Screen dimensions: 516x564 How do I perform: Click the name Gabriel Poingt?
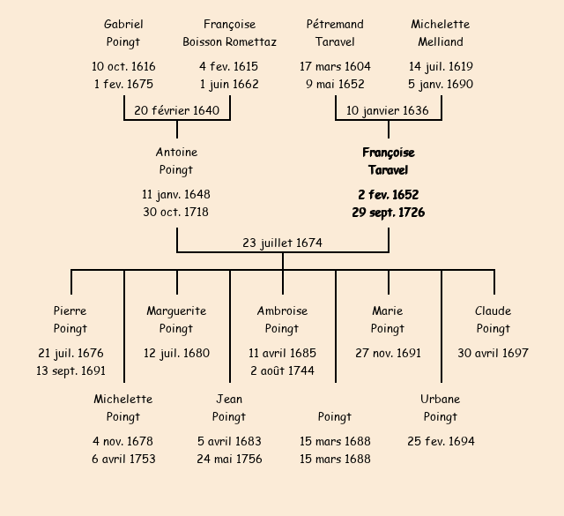coord(123,33)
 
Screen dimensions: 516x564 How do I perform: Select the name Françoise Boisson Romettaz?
coord(229,33)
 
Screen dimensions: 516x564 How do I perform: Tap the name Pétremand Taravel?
coord(335,33)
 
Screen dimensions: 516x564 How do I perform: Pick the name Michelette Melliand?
coord(441,33)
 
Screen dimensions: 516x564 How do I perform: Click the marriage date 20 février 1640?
coord(176,110)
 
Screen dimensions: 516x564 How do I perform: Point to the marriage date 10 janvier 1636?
coord(388,110)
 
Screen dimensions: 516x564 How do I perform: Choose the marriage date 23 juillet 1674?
coord(282,243)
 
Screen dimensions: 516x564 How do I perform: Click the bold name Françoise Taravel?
coord(388,161)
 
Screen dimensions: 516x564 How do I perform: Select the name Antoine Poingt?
coord(176,161)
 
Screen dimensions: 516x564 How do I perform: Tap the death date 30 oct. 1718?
coord(176,213)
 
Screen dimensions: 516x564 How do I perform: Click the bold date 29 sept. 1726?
coord(388,213)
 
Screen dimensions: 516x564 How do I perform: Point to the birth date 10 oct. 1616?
coord(123,67)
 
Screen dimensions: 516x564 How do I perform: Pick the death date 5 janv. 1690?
coord(441,85)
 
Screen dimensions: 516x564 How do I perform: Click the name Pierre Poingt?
coord(70,320)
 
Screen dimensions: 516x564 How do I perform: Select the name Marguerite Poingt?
coord(176,320)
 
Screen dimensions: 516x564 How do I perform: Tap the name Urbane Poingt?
coord(441,408)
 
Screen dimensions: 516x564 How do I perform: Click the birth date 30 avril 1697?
coord(493,354)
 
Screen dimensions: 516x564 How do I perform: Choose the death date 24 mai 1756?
coord(229,460)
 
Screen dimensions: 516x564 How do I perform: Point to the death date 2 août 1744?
coord(282,371)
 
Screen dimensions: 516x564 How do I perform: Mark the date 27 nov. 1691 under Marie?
coord(388,354)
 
